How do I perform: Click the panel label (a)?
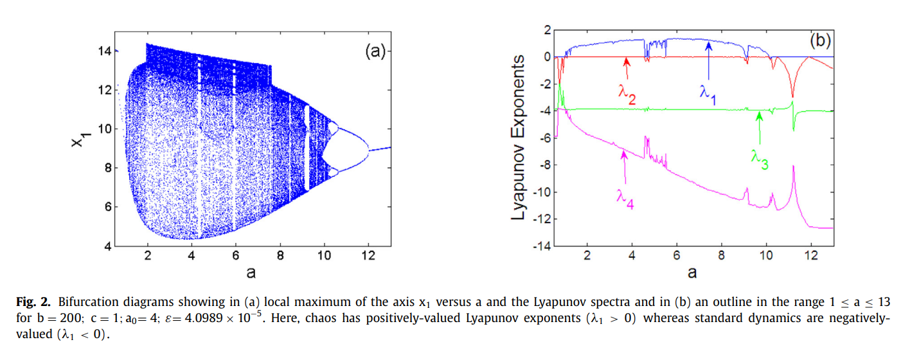click(x=373, y=52)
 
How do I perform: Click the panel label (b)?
click(x=819, y=41)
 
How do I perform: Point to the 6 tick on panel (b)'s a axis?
click(x=676, y=255)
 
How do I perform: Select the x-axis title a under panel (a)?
click(x=250, y=272)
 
